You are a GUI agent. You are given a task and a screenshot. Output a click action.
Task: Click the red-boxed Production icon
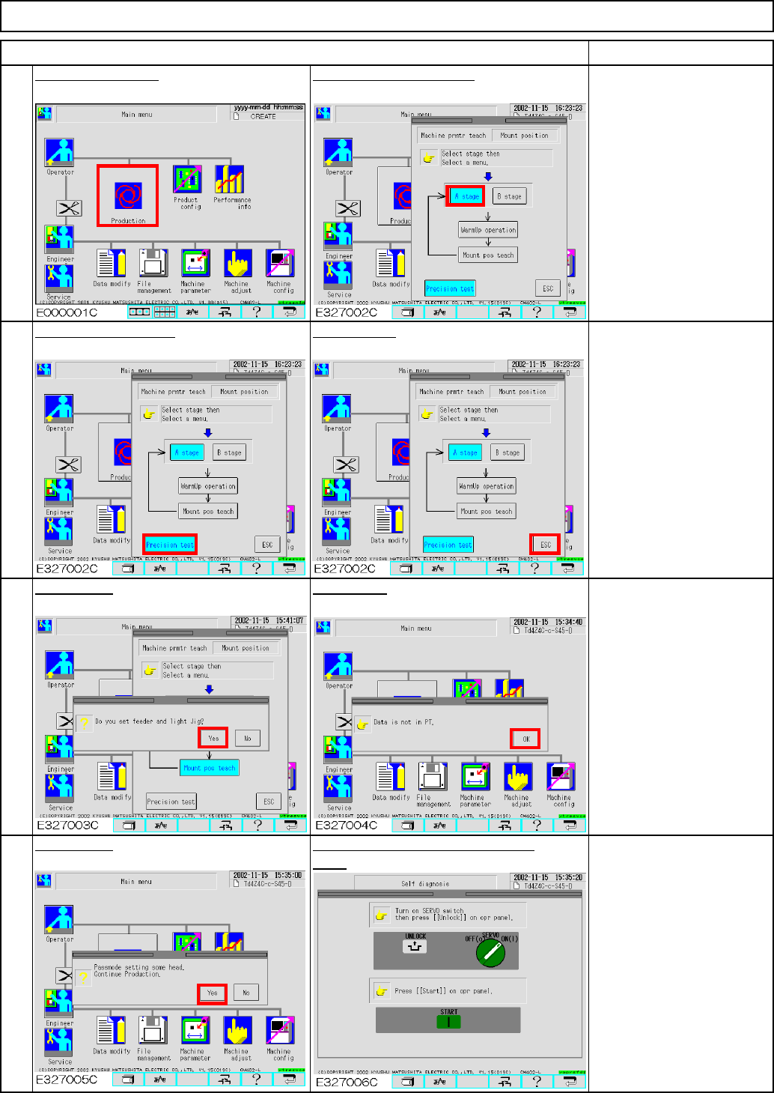click(127, 196)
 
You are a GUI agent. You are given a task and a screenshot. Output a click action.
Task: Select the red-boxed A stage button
click(466, 196)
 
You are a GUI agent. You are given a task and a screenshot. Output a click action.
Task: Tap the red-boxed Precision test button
click(170, 545)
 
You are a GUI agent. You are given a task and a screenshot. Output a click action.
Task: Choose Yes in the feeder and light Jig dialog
click(213, 738)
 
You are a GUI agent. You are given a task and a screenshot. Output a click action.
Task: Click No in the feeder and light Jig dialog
click(247, 738)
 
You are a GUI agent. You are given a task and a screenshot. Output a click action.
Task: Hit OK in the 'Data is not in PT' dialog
click(525, 739)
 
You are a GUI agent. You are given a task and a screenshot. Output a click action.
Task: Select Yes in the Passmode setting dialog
click(213, 993)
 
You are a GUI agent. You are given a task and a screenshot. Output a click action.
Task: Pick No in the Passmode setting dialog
click(246, 993)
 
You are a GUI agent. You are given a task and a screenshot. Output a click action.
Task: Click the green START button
click(448, 1020)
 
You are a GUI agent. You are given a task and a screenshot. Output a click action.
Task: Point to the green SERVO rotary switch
click(490, 951)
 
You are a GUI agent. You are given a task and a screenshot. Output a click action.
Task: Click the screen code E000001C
click(67, 312)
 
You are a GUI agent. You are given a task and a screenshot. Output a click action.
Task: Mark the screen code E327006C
click(347, 1082)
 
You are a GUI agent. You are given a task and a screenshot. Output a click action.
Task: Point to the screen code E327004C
click(347, 825)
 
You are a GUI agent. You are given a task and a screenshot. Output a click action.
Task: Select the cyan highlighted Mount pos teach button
click(210, 768)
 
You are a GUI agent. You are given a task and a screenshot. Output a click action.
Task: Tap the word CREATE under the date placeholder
click(263, 116)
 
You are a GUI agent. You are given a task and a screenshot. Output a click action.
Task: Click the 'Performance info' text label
click(232, 203)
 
